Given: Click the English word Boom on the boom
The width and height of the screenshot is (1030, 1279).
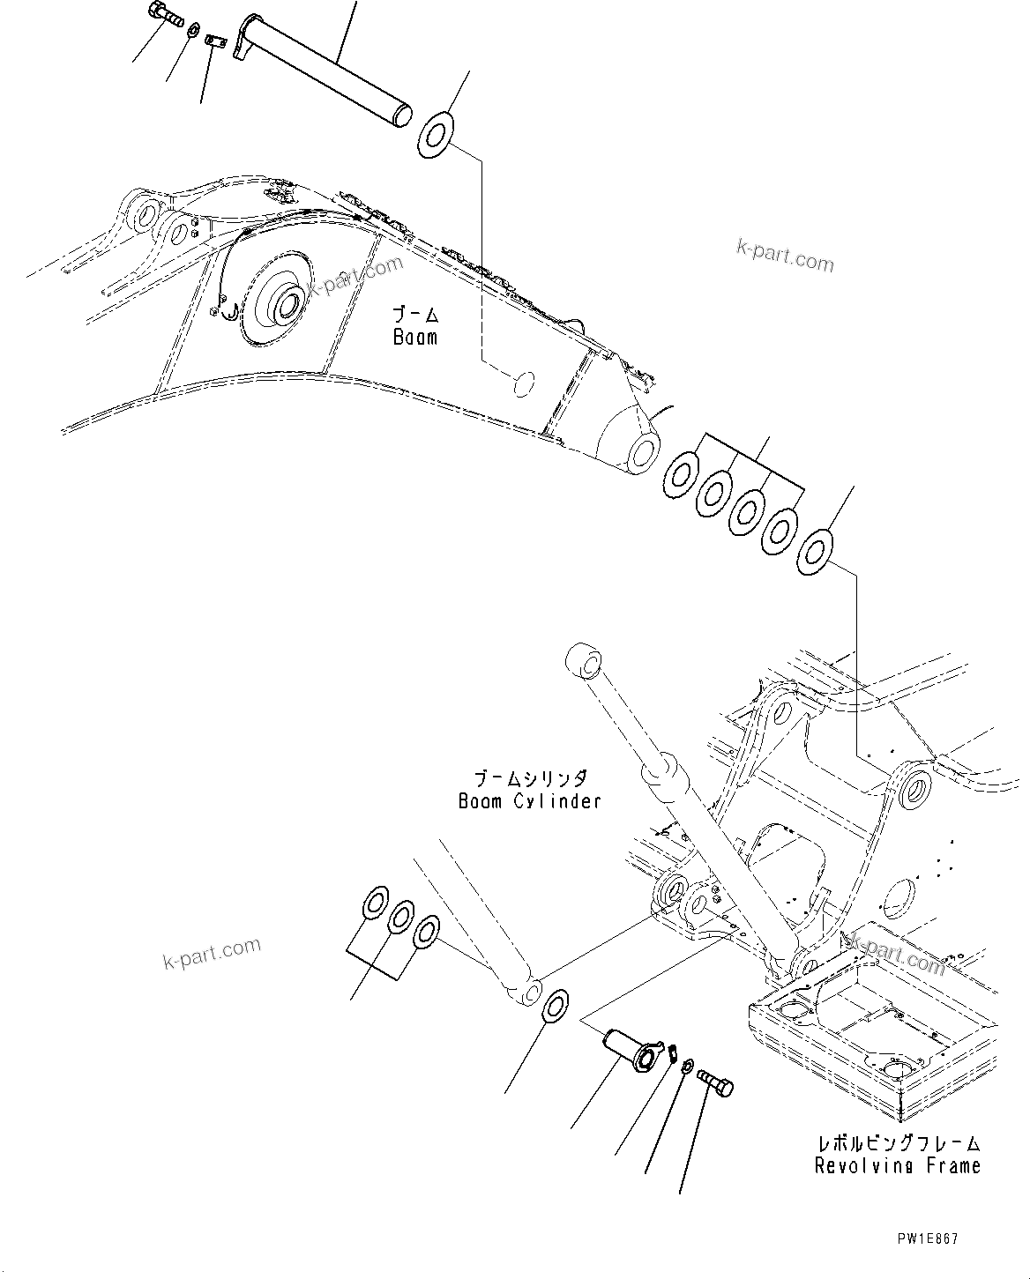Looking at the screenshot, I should [414, 338].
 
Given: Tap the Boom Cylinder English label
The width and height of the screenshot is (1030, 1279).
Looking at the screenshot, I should [529, 801].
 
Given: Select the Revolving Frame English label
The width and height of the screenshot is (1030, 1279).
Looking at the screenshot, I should [897, 1166].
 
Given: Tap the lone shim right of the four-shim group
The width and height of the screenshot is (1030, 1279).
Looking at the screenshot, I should [814, 553].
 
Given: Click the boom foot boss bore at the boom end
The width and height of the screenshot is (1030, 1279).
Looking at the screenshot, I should [641, 449].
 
